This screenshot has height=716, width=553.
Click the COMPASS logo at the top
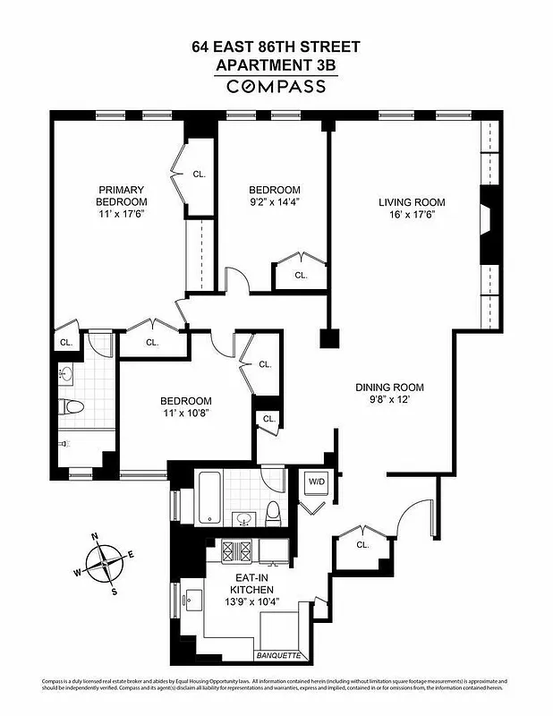click(276, 87)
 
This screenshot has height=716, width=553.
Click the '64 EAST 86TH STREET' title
click(276, 47)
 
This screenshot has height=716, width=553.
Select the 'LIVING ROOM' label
click(412, 202)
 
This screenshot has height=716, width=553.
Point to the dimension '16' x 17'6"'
click(412, 215)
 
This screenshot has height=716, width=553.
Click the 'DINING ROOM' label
click(389, 388)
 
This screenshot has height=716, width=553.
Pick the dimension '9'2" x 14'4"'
click(274, 202)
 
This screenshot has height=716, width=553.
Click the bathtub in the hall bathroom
click(208, 497)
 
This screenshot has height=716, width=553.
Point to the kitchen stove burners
click(236, 550)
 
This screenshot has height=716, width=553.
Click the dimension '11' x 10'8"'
click(185, 413)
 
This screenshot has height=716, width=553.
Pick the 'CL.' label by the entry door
click(362, 545)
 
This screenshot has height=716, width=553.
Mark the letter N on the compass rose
click(94, 538)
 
